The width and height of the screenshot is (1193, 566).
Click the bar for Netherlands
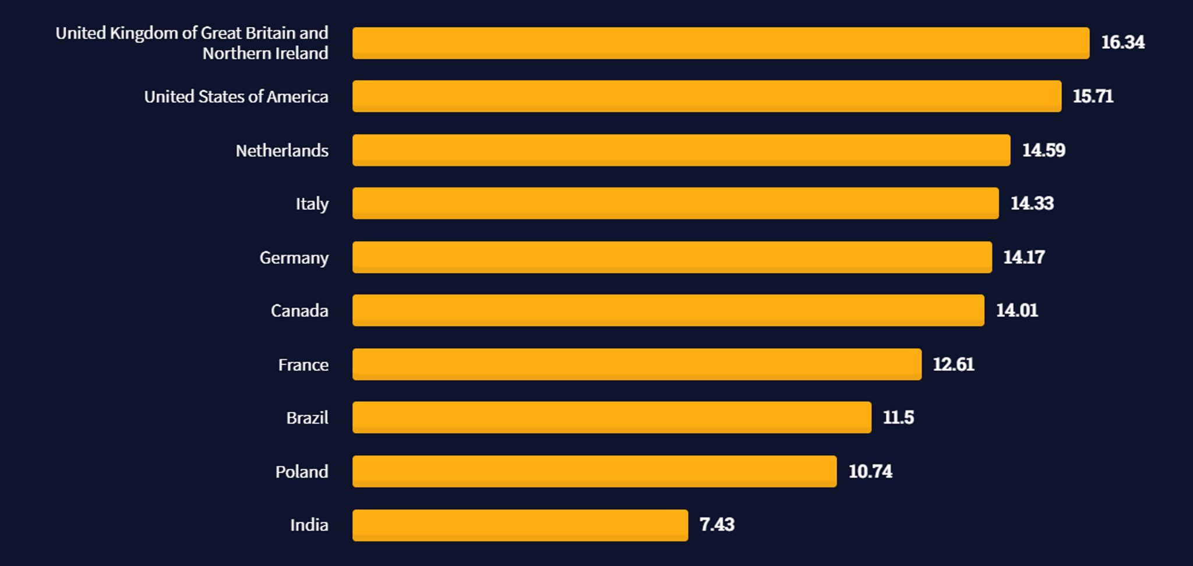pos(681,150)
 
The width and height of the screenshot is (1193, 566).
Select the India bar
pos(520,525)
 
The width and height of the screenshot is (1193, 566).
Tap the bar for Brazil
pos(612,418)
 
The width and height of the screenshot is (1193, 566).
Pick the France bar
pos(637,364)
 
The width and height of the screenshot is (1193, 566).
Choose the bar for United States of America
pos(707,96)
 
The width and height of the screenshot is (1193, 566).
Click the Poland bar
pos(594,471)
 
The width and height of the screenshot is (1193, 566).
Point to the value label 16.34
pos(1123,43)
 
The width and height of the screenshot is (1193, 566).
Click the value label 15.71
pos(1093,96)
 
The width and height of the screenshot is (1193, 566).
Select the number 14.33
pos(1032,203)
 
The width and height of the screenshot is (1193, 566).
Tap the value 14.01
pos(1016,310)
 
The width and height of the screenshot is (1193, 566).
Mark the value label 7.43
pos(716,525)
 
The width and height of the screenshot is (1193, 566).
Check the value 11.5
pos(898,418)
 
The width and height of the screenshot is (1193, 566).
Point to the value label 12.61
pos(953,365)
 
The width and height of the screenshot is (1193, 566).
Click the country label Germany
pos(294,258)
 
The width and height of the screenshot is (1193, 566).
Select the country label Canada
pos(299,311)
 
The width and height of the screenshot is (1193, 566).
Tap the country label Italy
pos(312,204)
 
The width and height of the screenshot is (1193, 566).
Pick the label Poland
pos(301,472)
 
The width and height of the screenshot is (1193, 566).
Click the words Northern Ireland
pos(265,54)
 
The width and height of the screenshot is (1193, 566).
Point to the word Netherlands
pos(282,151)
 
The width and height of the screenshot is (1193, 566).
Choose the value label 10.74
pos(870,471)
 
